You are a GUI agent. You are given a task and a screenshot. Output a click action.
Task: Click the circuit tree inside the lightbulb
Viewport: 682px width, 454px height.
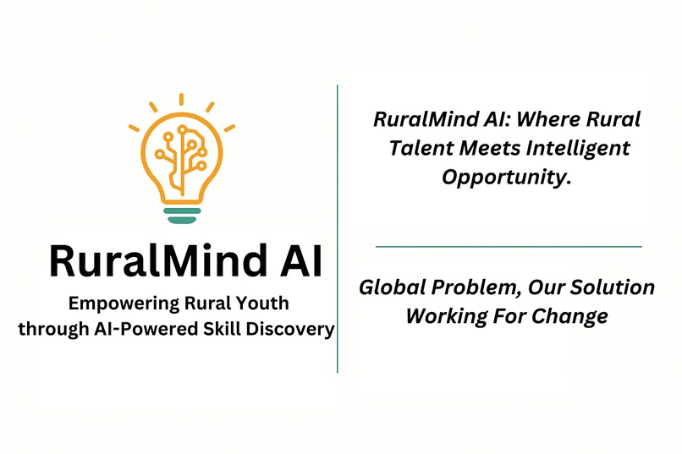pyautogui.click(x=180, y=150)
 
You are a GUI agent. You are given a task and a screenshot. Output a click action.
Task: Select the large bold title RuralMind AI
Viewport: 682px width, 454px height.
pyautogui.click(x=185, y=261)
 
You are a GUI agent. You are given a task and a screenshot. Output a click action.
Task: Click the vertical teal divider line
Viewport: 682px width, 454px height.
pyautogui.click(x=338, y=228)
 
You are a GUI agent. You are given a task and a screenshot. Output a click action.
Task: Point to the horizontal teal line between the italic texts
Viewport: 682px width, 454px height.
pyautogui.click(x=508, y=246)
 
